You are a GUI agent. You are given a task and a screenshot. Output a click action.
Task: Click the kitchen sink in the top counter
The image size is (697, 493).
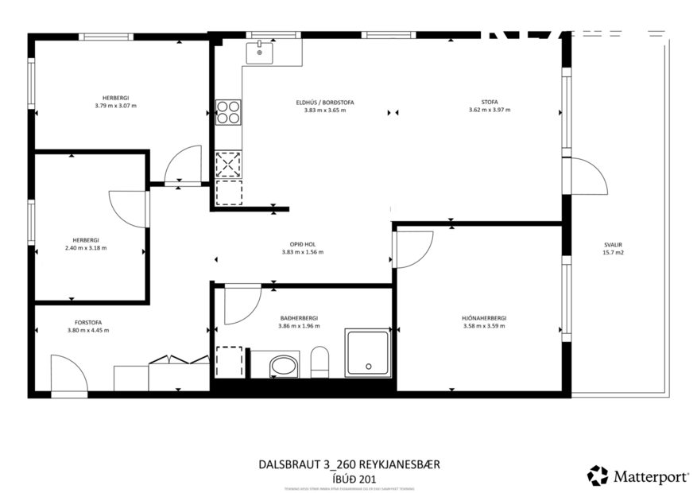pyautogui.click(x=259, y=52)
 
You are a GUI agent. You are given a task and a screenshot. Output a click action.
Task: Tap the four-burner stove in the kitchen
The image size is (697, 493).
pyautogui.click(x=228, y=112)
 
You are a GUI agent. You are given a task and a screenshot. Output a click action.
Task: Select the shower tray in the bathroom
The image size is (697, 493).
pyautogui.click(x=367, y=354)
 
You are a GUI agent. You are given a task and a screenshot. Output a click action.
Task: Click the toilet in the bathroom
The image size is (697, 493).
pyautogui.click(x=320, y=362)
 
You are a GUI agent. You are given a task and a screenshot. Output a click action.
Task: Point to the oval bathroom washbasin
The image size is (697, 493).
pyautogui.click(x=283, y=367)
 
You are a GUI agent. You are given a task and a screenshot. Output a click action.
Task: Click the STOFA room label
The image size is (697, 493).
pyautogui.click(x=489, y=102)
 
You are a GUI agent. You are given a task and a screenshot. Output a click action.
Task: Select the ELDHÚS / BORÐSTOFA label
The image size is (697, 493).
pyautogui.click(x=324, y=103)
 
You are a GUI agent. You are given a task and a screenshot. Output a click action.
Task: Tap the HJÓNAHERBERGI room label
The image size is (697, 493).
pyautogui.click(x=483, y=317)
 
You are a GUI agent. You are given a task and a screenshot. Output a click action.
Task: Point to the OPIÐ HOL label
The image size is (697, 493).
pyautogui.click(x=303, y=244)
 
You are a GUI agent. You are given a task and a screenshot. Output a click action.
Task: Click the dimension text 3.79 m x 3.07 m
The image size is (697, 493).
pyautogui.click(x=115, y=105)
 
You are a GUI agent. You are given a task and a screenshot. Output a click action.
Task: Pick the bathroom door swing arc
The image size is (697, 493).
pyautogui.click(x=242, y=305)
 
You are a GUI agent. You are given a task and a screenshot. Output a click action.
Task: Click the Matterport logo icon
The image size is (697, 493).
pyautogui.click(x=597, y=476)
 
